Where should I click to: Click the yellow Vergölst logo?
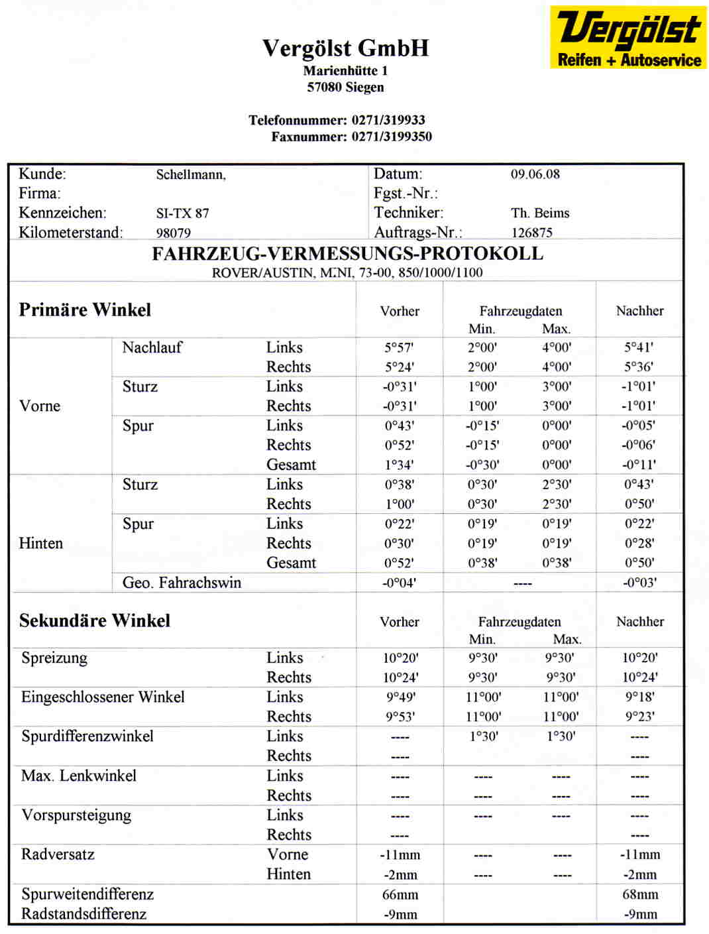(627, 37)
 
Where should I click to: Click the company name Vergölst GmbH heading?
(345, 48)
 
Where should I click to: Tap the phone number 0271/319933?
(388, 120)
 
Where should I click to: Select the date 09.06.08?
(535, 174)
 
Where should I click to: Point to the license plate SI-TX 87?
(182, 213)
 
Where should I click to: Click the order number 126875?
(531, 233)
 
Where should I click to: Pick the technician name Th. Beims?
(540, 213)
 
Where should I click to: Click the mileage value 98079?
(173, 233)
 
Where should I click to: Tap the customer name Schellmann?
(191, 175)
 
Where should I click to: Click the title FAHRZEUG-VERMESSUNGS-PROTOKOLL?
(347, 254)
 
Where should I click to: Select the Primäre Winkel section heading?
(85, 310)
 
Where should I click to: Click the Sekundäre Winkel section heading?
(95, 621)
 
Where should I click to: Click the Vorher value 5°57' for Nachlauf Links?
(400, 347)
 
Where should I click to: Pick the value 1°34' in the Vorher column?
(400, 465)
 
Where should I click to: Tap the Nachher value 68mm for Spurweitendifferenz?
(640, 894)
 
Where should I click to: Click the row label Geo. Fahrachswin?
(182, 583)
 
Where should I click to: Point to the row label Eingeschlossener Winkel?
(103, 697)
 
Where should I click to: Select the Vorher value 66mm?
(400, 894)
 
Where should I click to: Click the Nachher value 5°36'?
(639, 367)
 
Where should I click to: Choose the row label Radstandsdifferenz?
(83, 914)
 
